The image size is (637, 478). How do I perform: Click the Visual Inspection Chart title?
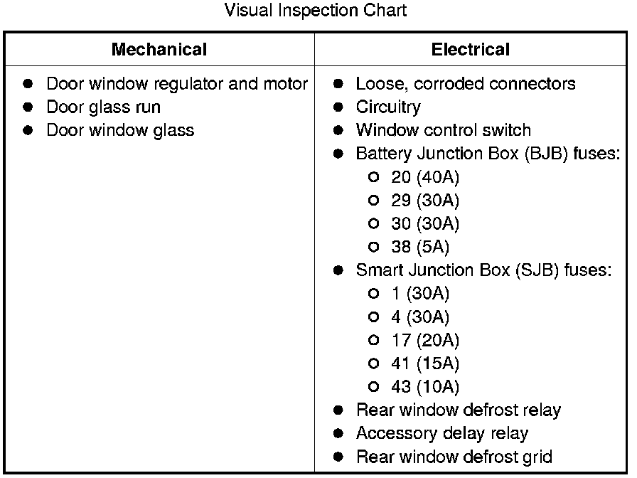pyautogui.click(x=315, y=11)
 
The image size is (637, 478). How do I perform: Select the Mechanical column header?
pyautogui.click(x=159, y=50)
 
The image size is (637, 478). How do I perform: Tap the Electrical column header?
pyautogui.click(x=470, y=50)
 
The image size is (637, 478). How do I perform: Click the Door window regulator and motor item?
pyautogui.click(x=176, y=84)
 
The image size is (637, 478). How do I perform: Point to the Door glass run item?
pyautogui.click(x=103, y=107)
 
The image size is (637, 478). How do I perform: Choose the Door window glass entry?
pyautogui.click(x=120, y=131)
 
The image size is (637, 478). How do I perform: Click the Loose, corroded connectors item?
pyautogui.click(x=465, y=84)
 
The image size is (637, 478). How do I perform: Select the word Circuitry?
pyautogui.click(x=387, y=107)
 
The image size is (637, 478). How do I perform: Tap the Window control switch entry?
pyautogui.click(x=443, y=131)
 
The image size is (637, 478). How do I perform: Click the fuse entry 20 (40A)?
pyautogui.click(x=424, y=177)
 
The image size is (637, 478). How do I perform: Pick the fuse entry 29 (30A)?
pyautogui.click(x=424, y=201)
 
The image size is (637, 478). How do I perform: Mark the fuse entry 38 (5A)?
pyautogui.click(x=420, y=248)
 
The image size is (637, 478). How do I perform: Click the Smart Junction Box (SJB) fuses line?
pyautogui.click(x=483, y=270)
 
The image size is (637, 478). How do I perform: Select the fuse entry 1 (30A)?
pyautogui.click(x=420, y=294)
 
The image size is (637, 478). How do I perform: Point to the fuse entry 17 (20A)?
pyautogui.click(x=424, y=340)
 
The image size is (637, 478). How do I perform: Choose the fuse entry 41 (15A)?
pyautogui.click(x=424, y=363)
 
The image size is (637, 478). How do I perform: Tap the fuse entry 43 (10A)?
pyautogui.click(x=424, y=387)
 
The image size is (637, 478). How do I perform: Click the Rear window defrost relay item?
pyautogui.click(x=458, y=410)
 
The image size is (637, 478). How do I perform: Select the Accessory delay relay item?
pyautogui.click(x=441, y=433)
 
